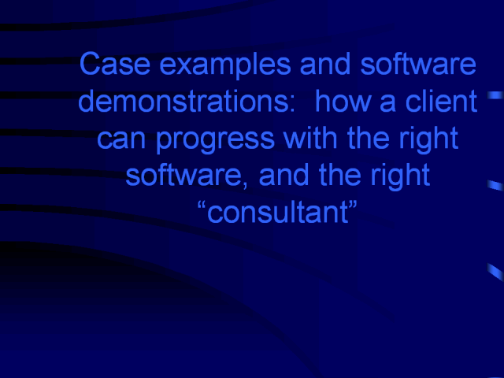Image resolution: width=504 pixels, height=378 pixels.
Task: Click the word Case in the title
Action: [x=115, y=64]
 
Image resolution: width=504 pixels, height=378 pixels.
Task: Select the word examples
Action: [x=225, y=66]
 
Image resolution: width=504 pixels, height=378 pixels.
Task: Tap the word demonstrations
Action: [x=183, y=101]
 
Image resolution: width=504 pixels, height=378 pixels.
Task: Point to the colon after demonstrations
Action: [x=291, y=104]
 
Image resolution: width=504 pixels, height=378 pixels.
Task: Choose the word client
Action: [x=441, y=101]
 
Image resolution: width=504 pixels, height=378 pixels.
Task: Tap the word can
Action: [x=121, y=140]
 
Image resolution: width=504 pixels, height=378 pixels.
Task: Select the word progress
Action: [x=215, y=140]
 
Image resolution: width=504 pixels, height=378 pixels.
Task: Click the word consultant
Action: [x=278, y=213]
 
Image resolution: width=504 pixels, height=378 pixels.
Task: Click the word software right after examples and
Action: [x=418, y=64]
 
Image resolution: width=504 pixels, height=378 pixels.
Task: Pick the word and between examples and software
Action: [x=325, y=64]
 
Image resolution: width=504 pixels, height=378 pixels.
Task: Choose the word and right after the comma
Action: [x=283, y=174]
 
